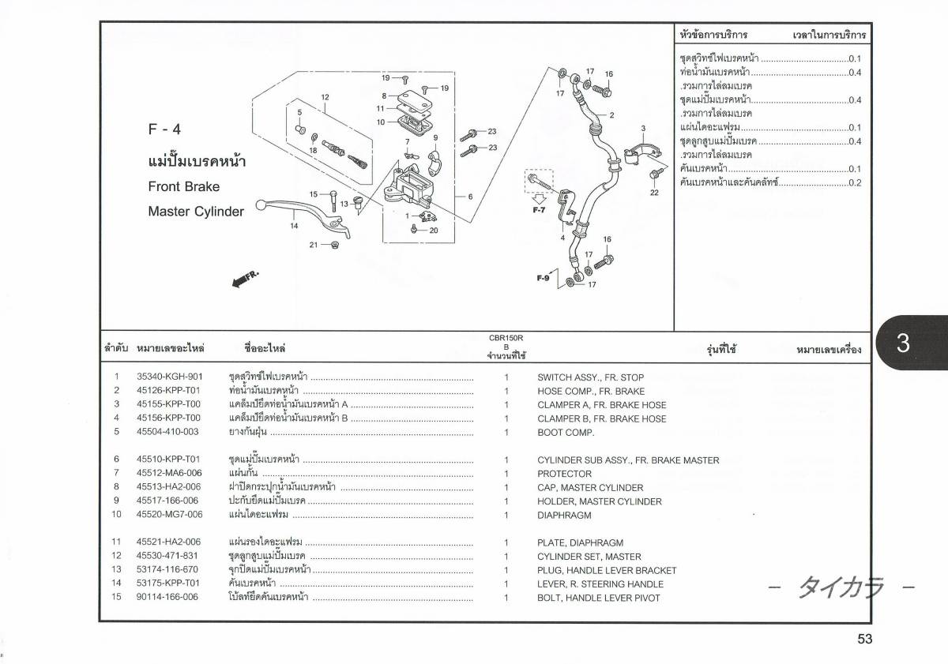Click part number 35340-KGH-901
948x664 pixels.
pyautogui.click(x=170, y=377)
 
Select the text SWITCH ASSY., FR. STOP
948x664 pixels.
pyautogui.click(x=590, y=377)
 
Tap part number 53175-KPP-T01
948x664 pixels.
pyautogui.click(x=167, y=583)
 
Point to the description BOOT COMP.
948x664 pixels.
pyautogui.click(x=566, y=432)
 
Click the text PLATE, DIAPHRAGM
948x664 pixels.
pyautogui.click(x=580, y=542)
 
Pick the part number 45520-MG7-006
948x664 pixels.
pyautogui.click(x=169, y=514)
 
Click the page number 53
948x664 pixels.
pyautogui.click(x=864, y=639)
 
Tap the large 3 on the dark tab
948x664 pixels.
pyautogui.click(x=903, y=343)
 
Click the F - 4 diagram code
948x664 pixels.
pyautogui.click(x=164, y=129)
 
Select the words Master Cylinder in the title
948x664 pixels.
pyautogui.click(x=196, y=211)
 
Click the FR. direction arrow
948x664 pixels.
pyautogui.click(x=246, y=279)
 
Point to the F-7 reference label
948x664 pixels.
pyautogui.click(x=539, y=210)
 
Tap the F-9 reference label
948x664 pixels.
pyautogui.click(x=543, y=278)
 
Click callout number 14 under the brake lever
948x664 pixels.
pyautogui.click(x=294, y=226)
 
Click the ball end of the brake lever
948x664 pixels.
pyautogui.click(x=261, y=205)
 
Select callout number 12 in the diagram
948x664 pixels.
pyautogui.click(x=325, y=97)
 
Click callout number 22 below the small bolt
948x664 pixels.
pyautogui.click(x=654, y=193)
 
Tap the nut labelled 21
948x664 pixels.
pyautogui.click(x=335, y=245)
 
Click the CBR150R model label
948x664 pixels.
pyautogui.click(x=506, y=338)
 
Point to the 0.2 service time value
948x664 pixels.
pyautogui.click(x=855, y=182)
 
